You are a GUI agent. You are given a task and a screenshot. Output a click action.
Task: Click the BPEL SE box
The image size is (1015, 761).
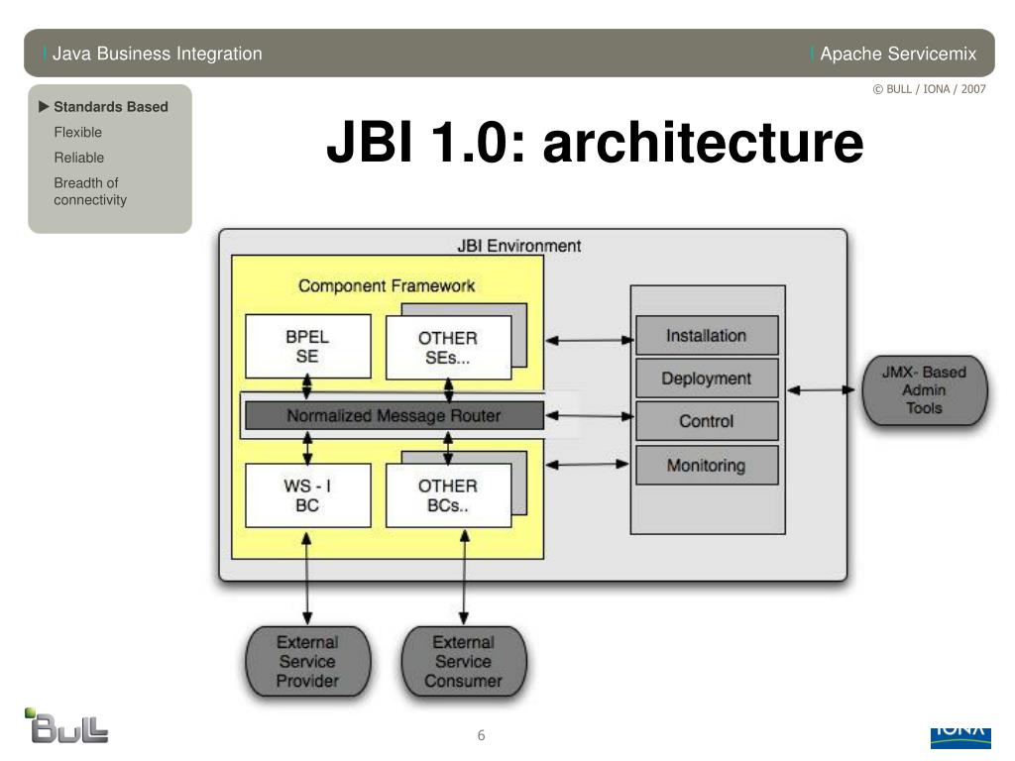[x=308, y=346]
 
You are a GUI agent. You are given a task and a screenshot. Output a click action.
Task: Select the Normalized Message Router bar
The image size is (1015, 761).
[x=395, y=415]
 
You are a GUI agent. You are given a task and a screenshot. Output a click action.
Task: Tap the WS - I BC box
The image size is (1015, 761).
[x=308, y=495]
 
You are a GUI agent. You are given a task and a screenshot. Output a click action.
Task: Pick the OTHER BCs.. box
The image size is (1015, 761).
[x=449, y=495]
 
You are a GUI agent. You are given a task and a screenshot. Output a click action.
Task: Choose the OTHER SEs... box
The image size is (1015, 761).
[x=449, y=348]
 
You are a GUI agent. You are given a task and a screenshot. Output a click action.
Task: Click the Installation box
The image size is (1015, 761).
[x=707, y=335]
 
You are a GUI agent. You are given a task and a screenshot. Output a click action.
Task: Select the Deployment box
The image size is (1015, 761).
[x=707, y=378]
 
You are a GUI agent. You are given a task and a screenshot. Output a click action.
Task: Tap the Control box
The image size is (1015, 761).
[x=707, y=420]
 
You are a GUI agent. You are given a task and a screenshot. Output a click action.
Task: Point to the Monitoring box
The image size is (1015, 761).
[x=707, y=465]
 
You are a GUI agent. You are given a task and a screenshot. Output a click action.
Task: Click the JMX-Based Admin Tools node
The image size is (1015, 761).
[x=925, y=390]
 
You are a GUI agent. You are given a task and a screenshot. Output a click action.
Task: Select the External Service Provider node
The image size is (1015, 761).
[x=308, y=661]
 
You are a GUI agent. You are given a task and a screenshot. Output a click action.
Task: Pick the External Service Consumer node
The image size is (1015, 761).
[x=464, y=661]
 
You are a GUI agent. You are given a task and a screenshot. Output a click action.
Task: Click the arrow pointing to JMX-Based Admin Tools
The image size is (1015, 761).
[x=822, y=390]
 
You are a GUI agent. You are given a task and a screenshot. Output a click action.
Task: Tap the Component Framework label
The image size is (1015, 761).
[x=387, y=285]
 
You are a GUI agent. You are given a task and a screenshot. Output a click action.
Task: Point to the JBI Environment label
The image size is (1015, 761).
[x=519, y=246]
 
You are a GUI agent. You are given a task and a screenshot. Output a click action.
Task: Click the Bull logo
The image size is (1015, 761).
[x=66, y=725]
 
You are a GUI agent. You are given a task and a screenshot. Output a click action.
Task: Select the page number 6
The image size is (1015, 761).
[x=481, y=735]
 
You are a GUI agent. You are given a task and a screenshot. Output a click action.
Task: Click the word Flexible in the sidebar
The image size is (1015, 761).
[x=77, y=132]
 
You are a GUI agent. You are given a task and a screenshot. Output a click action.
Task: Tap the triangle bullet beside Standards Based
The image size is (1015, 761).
[x=44, y=106]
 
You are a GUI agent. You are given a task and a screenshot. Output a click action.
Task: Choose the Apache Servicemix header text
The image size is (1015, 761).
[x=898, y=54]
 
